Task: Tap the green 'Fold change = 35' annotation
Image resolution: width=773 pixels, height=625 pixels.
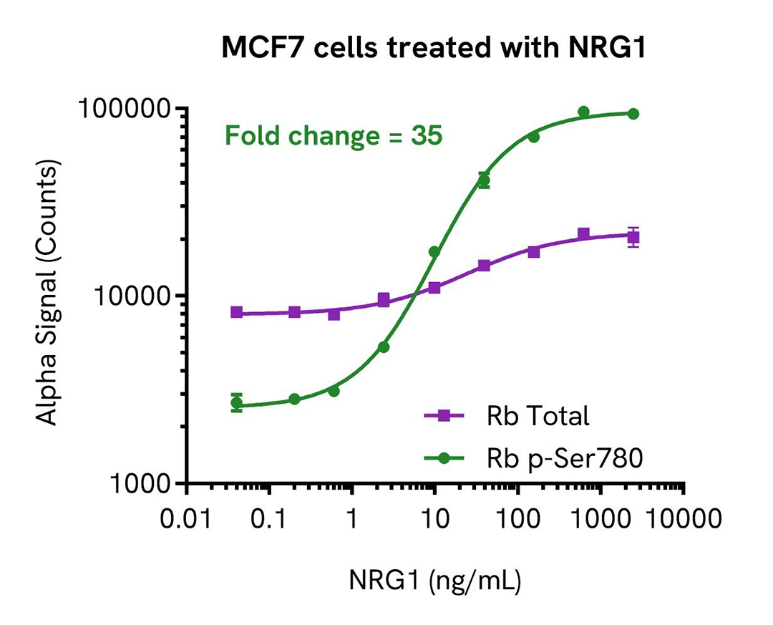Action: pyautogui.click(x=334, y=135)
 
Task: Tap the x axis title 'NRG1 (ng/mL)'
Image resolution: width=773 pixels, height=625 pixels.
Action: pyautogui.click(x=435, y=579)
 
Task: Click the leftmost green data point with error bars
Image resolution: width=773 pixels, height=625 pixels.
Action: pyautogui.click(x=237, y=402)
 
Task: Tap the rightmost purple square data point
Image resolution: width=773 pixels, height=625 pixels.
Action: pyautogui.click(x=633, y=237)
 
